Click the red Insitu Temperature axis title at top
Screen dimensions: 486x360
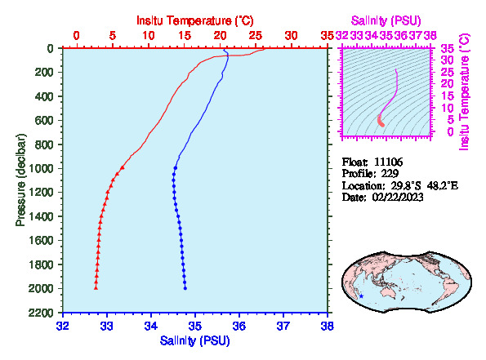point(195,20)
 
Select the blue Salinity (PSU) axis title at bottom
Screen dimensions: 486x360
point(195,340)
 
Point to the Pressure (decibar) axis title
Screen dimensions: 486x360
point(20,180)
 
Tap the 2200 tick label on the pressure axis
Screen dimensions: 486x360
point(41,313)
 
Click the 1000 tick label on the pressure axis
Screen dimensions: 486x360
point(41,168)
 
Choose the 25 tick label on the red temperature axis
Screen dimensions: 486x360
point(256,36)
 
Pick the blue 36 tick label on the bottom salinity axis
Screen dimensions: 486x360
point(239,326)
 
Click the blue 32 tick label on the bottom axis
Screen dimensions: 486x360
point(63,326)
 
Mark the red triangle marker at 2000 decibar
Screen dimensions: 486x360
point(96,288)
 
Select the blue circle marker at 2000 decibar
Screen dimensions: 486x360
point(185,288)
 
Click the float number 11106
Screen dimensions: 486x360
point(388,162)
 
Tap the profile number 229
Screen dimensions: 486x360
point(390,174)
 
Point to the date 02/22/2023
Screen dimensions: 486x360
point(398,197)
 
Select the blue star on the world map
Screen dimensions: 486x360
point(361,296)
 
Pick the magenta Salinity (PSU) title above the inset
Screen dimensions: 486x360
point(386,20)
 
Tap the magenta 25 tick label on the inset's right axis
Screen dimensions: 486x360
point(448,73)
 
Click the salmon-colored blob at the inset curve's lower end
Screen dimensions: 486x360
point(381,121)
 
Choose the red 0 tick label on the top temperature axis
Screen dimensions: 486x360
point(76,36)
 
